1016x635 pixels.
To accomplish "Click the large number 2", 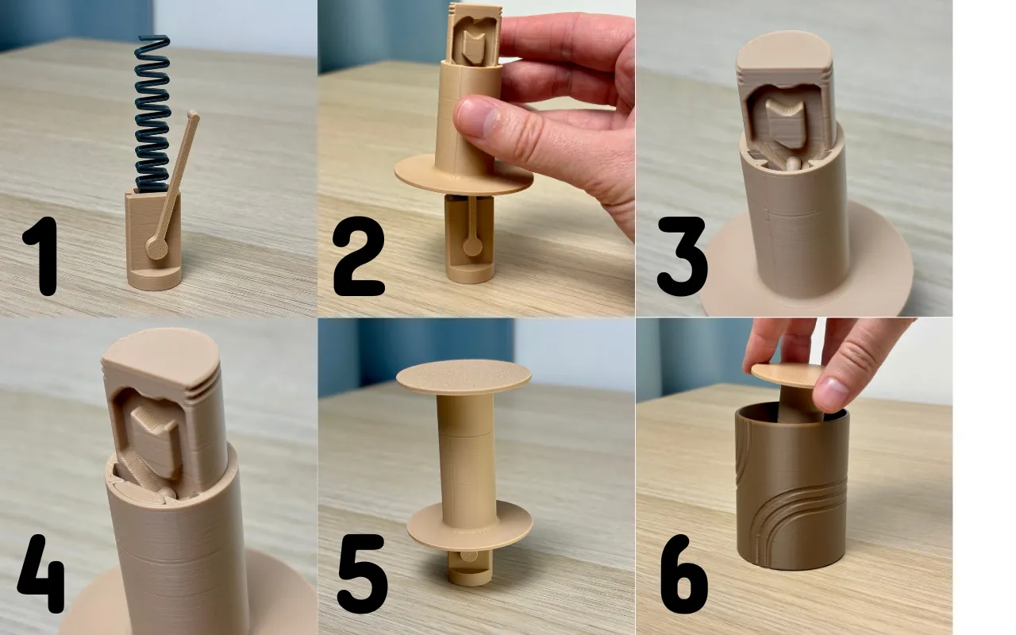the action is (x=358, y=256).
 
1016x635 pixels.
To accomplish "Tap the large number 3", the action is (x=682, y=256).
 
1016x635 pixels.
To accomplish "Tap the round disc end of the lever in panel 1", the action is (x=157, y=248).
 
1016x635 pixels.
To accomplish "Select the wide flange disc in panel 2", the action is (x=464, y=176).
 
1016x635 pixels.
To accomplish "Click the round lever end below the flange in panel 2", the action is (x=472, y=246).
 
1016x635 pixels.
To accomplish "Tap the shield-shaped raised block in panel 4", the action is (x=157, y=440).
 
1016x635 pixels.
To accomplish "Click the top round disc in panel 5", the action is (x=464, y=376).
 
